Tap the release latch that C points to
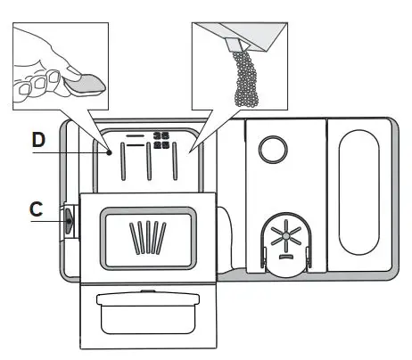tap(69, 220)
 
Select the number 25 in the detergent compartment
tap(161, 144)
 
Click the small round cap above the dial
tap(276, 148)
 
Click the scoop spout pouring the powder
tap(236, 40)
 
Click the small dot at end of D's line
tap(111, 152)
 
